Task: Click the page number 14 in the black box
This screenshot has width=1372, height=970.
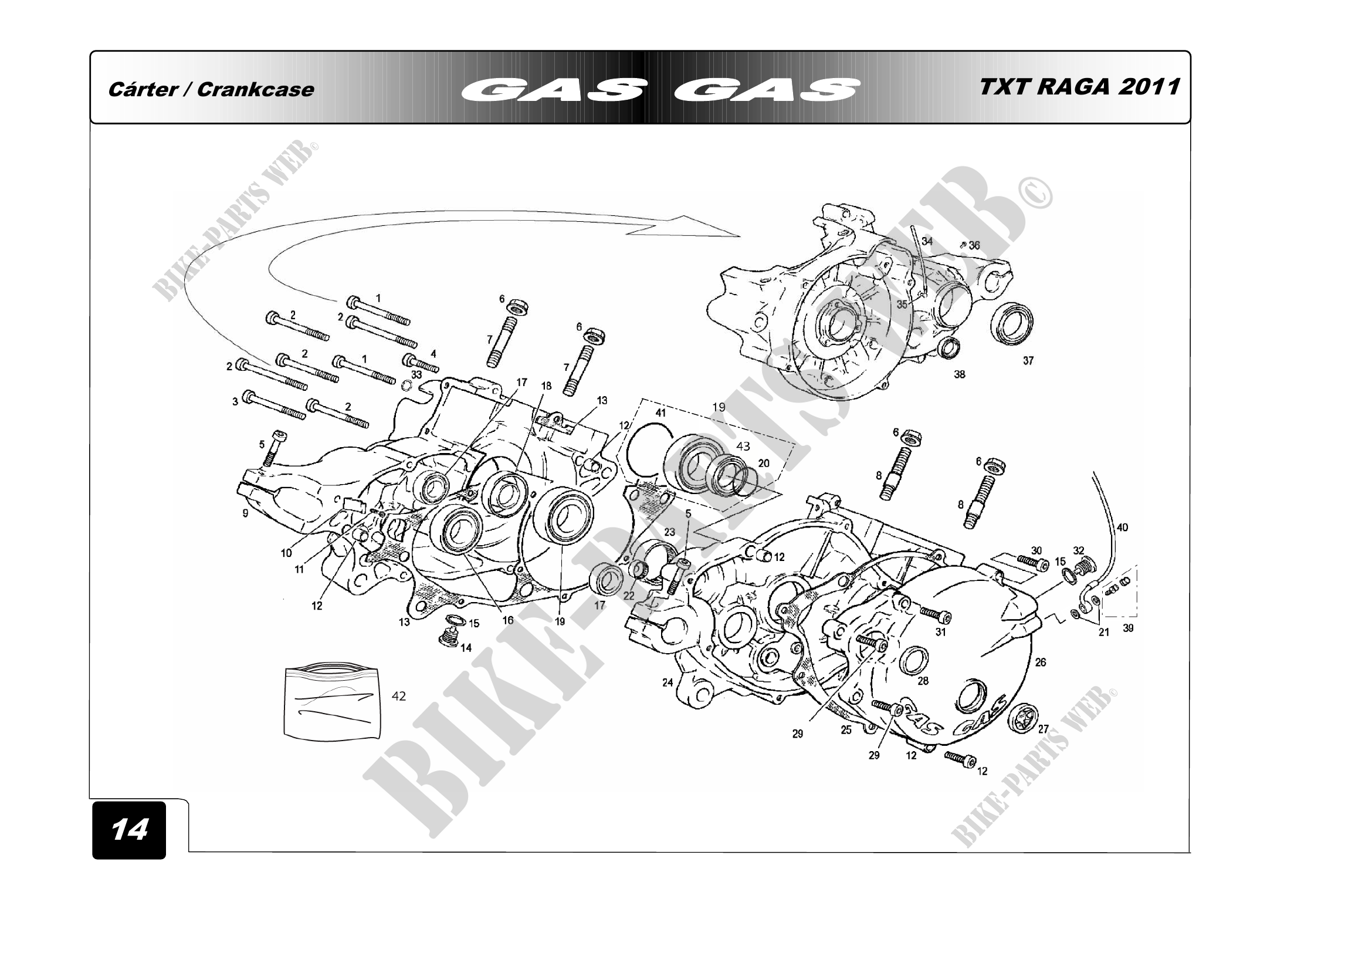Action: pyautogui.click(x=129, y=830)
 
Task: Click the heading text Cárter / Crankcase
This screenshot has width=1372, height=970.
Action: pyautogui.click(x=211, y=90)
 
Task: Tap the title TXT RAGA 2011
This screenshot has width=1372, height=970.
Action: pyautogui.click(x=1079, y=87)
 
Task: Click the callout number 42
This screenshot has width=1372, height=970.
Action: pyautogui.click(x=398, y=697)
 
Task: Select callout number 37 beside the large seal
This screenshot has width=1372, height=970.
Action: pyautogui.click(x=1028, y=361)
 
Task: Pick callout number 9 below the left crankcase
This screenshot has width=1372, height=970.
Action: pyautogui.click(x=246, y=513)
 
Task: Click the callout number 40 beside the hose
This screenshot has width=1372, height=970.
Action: pyautogui.click(x=1122, y=528)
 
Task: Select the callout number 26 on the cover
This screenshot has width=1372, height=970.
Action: pyautogui.click(x=1041, y=662)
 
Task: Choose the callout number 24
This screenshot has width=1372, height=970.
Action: pyautogui.click(x=668, y=682)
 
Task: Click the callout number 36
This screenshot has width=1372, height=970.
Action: pyautogui.click(x=975, y=246)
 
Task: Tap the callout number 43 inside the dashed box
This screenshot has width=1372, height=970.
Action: pyautogui.click(x=743, y=447)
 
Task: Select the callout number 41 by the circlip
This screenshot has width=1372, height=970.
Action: pyautogui.click(x=660, y=413)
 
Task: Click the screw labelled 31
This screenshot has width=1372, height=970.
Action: pyautogui.click(x=934, y=613)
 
